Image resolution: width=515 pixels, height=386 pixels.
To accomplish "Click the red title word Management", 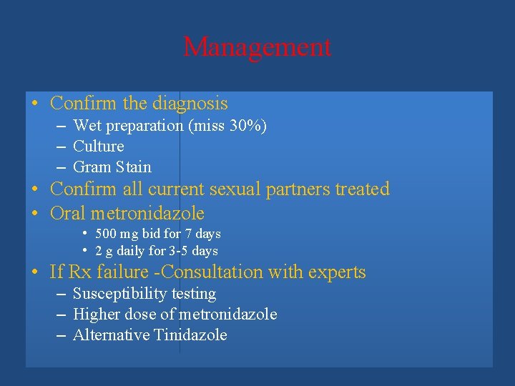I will click(x=257, y=47).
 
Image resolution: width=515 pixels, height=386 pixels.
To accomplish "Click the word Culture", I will click(x=99, y=147).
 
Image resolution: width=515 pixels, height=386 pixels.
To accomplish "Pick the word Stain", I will click(x=134, y=167).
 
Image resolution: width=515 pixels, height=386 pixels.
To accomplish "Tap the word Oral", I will click(x=68, y=214).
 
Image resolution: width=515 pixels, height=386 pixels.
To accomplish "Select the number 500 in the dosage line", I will click(x=106, y=234).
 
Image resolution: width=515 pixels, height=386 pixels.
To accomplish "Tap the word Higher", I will click(x=97, y=315).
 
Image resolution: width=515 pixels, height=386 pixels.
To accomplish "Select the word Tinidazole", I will click(x=190, y=335).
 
